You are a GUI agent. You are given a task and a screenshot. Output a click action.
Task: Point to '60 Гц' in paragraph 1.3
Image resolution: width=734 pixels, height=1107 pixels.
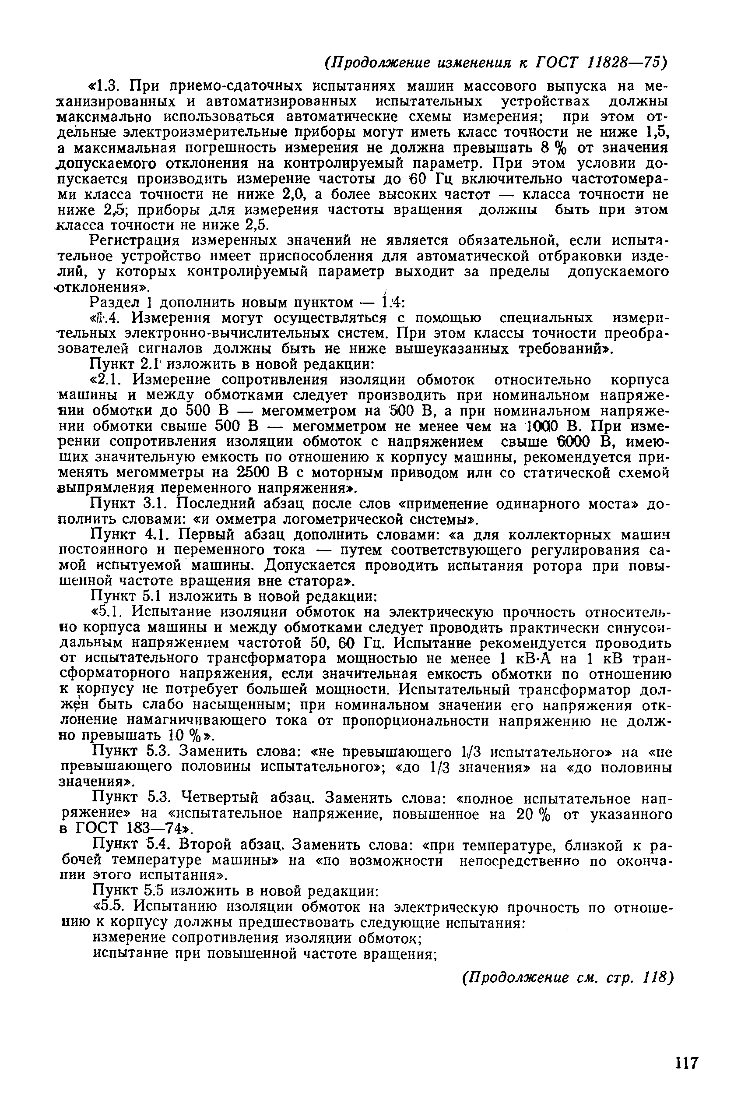pos(425,179)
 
